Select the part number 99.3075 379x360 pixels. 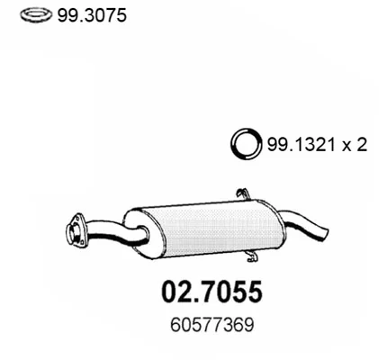pos(92,15)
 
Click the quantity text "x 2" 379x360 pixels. pos(355,146)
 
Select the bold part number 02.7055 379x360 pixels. pos(212,292)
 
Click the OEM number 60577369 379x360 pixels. pos(212,325)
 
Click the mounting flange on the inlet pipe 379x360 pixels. pos(75,230)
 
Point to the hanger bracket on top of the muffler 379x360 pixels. pos(243,194)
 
